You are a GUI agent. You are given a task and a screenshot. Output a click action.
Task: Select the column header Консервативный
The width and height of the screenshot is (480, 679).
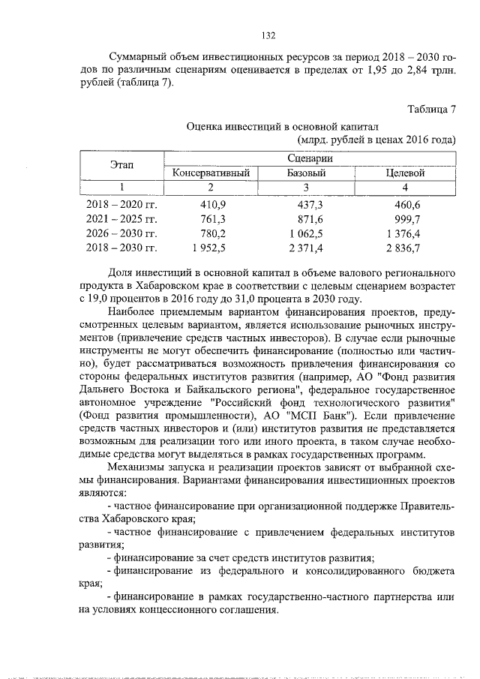coord(211,173)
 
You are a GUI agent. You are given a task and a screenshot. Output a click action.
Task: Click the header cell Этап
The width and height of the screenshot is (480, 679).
coord(122,165)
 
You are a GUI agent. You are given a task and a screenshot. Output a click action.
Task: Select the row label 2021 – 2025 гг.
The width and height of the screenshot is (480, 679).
coord(121,218)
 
